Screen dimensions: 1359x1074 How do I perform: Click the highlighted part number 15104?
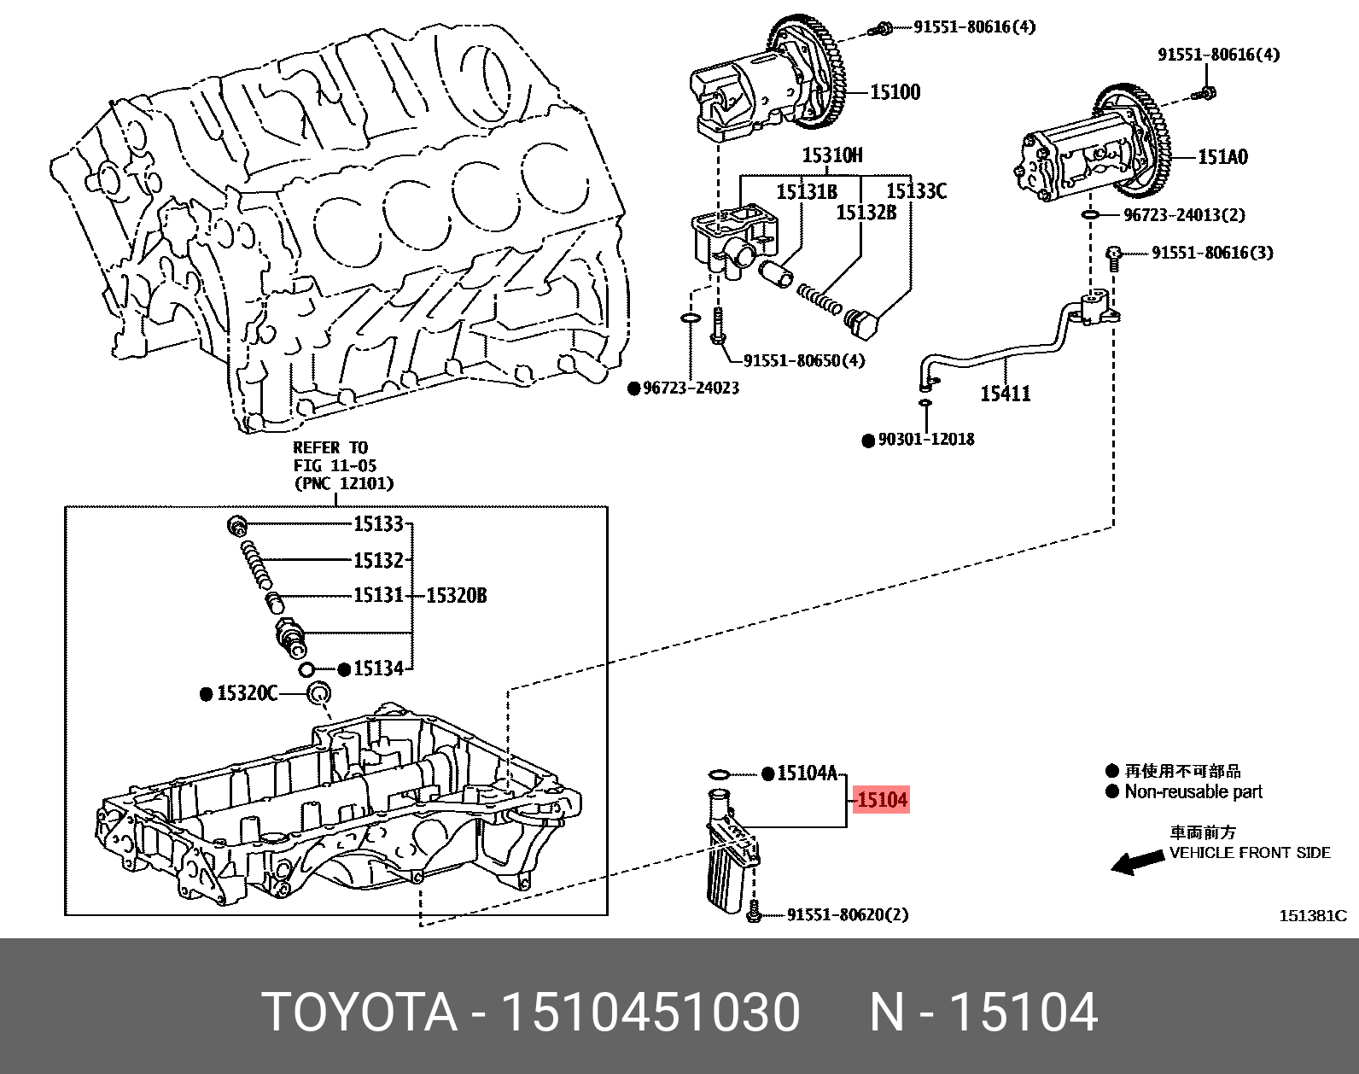(x=882, y=800)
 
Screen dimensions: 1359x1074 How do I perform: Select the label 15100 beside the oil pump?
(x=895, y=92)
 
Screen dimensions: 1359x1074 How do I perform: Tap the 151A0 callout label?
(x=1222, y=157)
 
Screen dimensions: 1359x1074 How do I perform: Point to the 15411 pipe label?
(x=1006, y=394)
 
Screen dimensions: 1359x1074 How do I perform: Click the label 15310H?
(x=832, y=155)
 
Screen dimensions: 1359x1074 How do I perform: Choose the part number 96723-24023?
(x=691, y=388)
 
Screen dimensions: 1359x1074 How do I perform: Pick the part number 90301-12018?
(x=926, y=439)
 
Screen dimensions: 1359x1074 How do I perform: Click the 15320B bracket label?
(x=457, y=595)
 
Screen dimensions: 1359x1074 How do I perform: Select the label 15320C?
(x=247, y=693)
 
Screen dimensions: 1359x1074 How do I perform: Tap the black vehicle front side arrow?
(x=1138, y=862)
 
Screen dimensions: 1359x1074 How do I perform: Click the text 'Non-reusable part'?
(x=1193, y=791)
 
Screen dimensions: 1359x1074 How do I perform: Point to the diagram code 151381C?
(x=1313, y=915)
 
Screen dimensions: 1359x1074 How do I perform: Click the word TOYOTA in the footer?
(x=360, y=1012)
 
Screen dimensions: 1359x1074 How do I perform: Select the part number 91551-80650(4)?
(x=804, y=361)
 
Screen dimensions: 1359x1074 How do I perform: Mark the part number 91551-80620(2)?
(x=848, y=914)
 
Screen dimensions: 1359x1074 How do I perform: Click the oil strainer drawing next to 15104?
(x=732, y=852)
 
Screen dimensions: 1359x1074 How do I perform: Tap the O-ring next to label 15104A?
(x=720, y=773)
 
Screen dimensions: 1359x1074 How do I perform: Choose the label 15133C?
(x=916, y=190)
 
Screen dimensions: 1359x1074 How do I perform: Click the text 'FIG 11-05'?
(x=335, y=465)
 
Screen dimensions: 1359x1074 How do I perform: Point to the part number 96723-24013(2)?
(x=1185, y=215)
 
